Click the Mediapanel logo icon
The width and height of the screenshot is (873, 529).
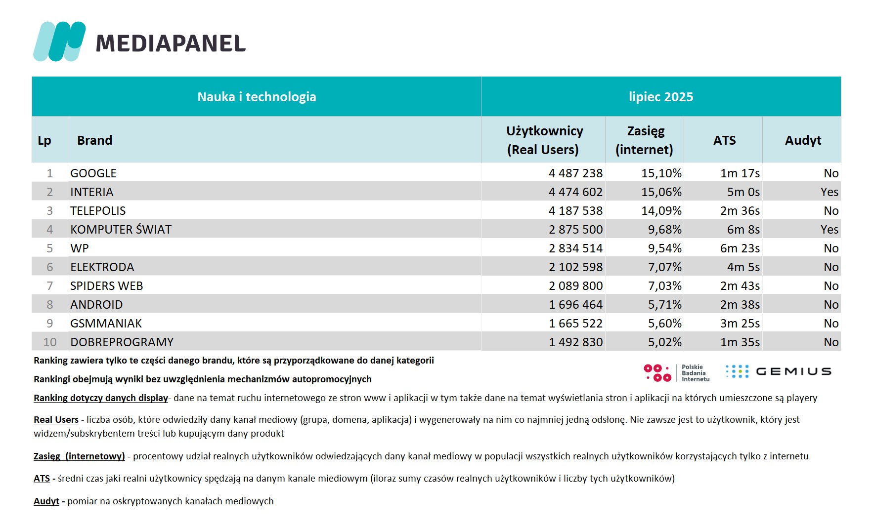pyautogui.click(x=59, y=41)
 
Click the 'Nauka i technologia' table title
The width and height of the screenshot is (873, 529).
pyautogui.click(x=257, y=97)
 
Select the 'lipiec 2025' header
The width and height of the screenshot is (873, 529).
pyautogui.click(x=661, y=97)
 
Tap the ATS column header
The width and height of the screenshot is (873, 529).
pyautogui.click(x=724, y=140)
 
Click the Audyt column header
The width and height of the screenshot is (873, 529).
pyautogui.click(x=803, y=140)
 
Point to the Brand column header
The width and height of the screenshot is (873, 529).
pyautogui.click(x=94, y=140)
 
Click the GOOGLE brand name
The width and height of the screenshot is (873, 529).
pyautogui.click(x=93, y=173)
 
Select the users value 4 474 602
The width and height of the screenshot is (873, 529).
pyautogui.click(x=575, y=192)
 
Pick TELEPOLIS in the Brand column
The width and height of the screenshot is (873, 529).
pyautogui.click(x=98, y=211)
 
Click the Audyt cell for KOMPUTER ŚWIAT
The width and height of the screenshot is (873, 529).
pyautogui.click(x=829, y=230)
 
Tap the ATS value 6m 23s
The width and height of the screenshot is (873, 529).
pyautogui.click(x=740, y=248)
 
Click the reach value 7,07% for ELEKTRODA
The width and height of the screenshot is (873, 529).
pyautogui.click(x=664, y=267)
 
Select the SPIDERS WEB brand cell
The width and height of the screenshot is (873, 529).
pyautogui.click(x=106, y=286)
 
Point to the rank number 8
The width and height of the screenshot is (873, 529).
pyautogui.click(x=49, y=305)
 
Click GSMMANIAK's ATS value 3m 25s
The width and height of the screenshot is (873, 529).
pyautogui.click(x=740, y=324)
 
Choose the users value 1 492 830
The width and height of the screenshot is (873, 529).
pyautogui.click(x=575, y=342)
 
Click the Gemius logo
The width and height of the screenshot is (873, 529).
pyautogui.click(x=778, y=371)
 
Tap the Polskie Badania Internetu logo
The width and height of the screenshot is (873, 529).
pyautogui.click(x=676, y=373)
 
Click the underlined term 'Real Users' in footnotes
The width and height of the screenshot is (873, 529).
pyautogui.click(x=56, y=420)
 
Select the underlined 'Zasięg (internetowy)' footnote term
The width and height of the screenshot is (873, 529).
pyautogui.click(x=79, y=456)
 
